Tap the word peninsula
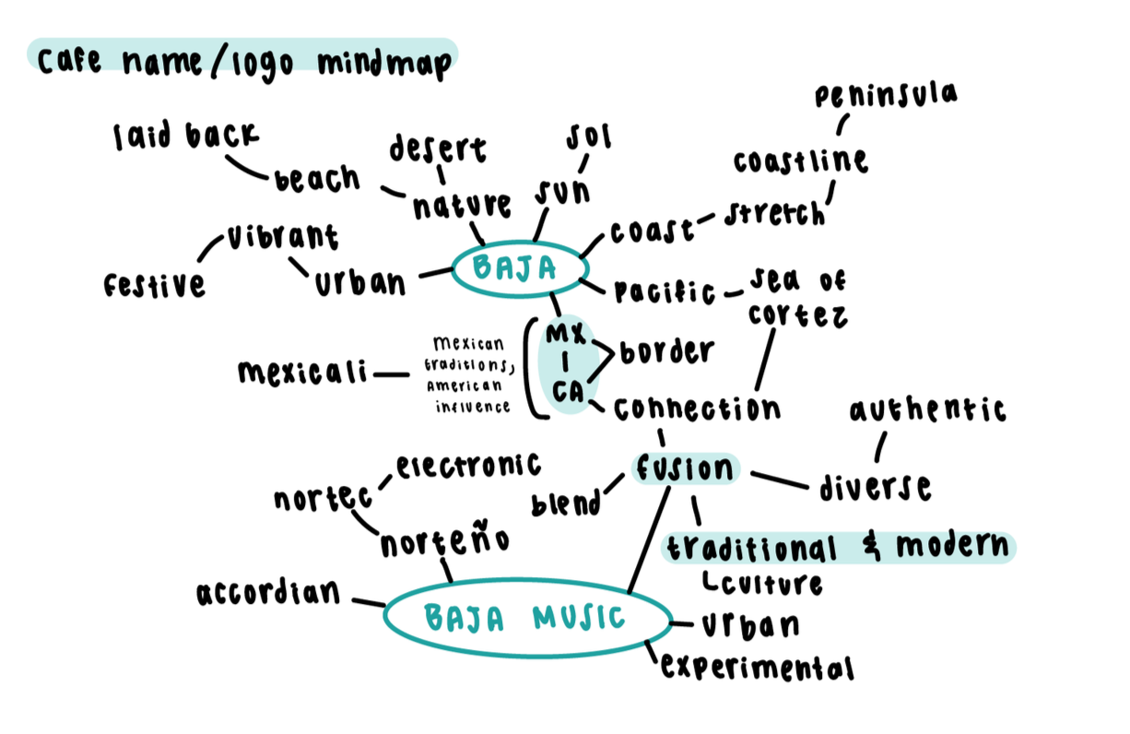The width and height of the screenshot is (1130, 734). tap(885, 96)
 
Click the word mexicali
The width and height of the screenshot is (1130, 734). tap(302, 373)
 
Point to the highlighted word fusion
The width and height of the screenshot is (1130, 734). tap(685, 469)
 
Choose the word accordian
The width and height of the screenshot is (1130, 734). tap(269, 594)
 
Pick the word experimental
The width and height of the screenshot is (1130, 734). tap(757, 667)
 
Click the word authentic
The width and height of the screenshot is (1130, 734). tap(927, 410)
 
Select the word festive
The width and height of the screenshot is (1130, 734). tap(155, 285)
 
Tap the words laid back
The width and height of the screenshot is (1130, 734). tap(185, 136)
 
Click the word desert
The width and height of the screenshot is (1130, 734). tap(437, 148)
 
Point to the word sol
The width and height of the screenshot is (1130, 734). tap(589, 137)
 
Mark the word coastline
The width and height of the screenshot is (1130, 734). tap(801, 161)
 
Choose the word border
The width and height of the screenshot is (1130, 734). tap(666, 351)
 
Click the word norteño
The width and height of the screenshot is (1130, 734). tap(444, 543)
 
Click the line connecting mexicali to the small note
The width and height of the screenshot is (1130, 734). tap(393, 374)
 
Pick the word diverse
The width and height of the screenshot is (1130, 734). tap(875, 487)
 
